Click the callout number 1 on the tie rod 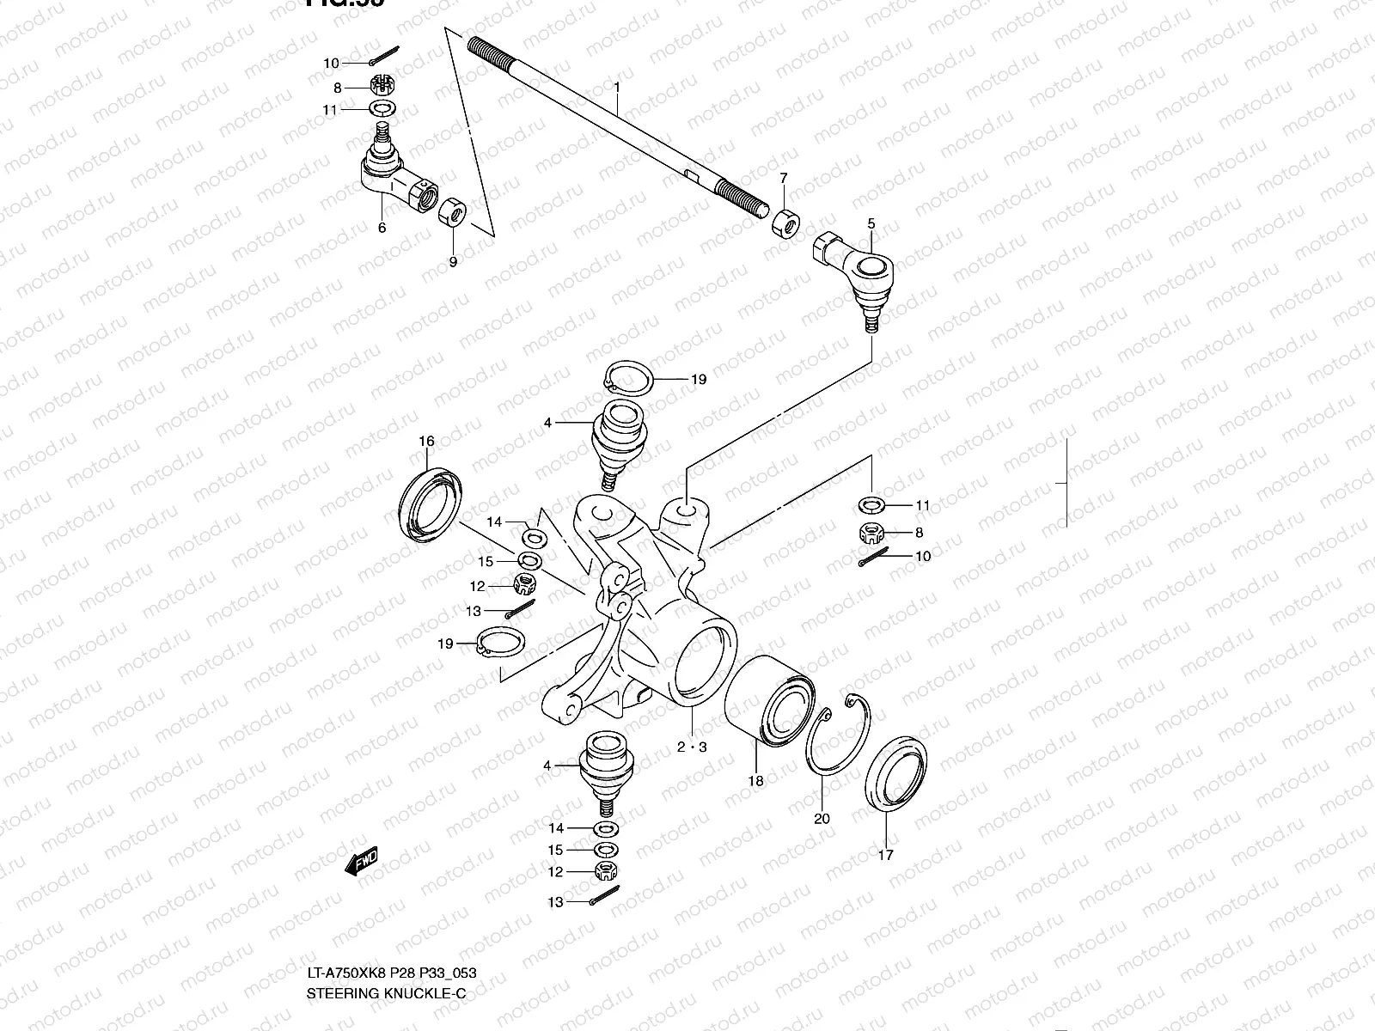[x=616, y=88]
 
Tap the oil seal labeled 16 [x=431, y=505]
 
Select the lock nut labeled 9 [x=453, y=213]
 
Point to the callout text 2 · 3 [x=691, y=747]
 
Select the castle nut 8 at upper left [x=381, y=85]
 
